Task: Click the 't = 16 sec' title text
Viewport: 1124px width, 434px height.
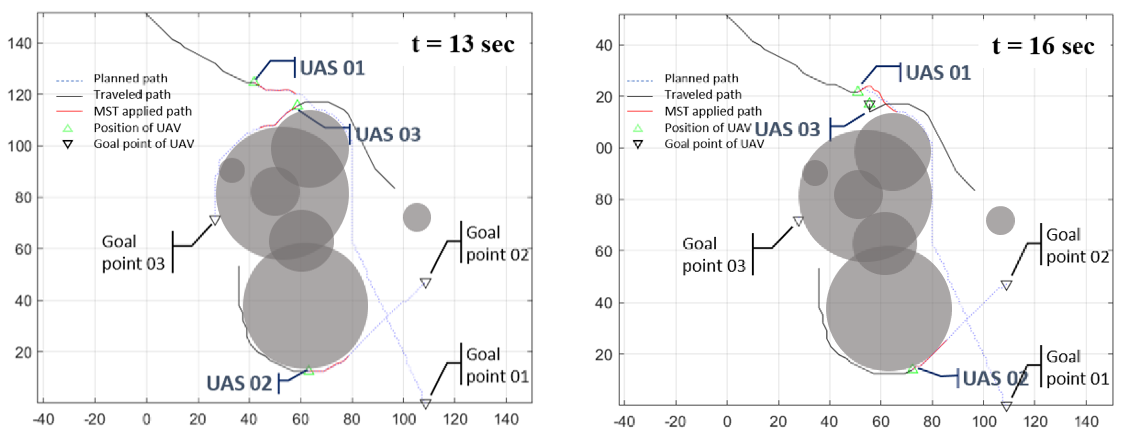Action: (x=1043, y=46)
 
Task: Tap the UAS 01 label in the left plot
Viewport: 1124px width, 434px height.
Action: (x=332, y=68)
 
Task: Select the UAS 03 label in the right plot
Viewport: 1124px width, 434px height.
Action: (x=788, y=130)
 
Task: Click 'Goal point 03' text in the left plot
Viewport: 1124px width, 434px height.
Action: (x=133, y=253)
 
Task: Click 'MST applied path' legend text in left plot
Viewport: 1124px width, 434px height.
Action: (x=143, y=111)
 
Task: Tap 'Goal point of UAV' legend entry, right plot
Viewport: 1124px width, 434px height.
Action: (x=714, y=144)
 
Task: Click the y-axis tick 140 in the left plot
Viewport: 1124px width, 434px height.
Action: (x=20, y=44)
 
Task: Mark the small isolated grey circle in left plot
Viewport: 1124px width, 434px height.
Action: (x=417, y=217)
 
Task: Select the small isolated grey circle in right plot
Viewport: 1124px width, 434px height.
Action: (x=1000, y=221)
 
